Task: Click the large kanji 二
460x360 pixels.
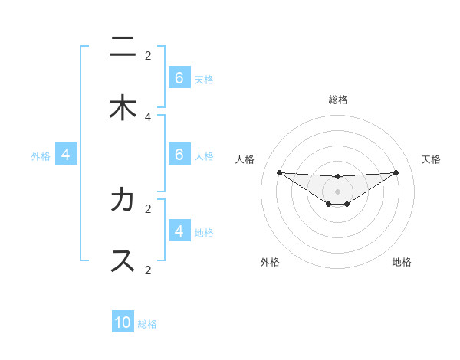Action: tap(123, 47)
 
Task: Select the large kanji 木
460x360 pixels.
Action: tap(123, 108)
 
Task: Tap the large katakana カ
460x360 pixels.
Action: tap(123, 200)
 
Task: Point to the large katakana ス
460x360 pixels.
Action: tap(123, 260)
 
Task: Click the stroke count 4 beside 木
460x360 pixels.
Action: tap(148, 116)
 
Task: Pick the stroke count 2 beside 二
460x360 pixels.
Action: tap(148, 55)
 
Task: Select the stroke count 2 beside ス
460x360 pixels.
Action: tap(148, 270)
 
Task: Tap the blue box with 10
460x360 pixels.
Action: tap(123, 322)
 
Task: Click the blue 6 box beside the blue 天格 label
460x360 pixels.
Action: tap(179, 78)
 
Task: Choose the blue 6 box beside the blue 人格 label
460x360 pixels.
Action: tap(179, 155)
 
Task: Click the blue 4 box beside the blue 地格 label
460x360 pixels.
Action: tap(179, 231)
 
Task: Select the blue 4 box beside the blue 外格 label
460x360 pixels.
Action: tap(66, 155)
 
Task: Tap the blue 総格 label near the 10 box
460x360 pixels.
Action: tap(147, 324)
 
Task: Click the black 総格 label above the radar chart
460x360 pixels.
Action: tap(338, 100)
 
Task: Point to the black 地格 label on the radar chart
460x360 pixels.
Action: tap(402, 263)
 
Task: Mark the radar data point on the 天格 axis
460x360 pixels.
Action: tap(396, 172)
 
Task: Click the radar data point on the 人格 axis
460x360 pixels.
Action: tap(279, 172)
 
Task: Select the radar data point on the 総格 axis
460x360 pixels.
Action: tap(337, 177)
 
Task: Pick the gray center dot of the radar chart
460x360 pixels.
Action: tap(337, 191)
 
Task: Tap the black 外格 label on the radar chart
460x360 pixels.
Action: tap(270, 263)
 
